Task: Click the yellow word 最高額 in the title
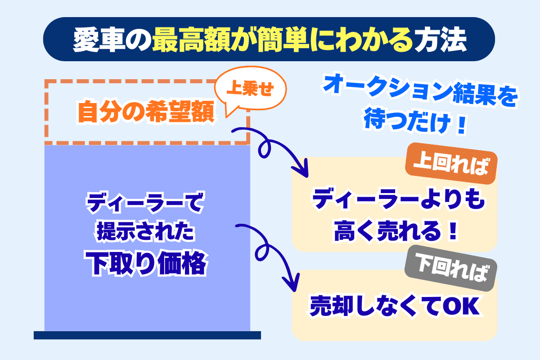click(x=191, y=39)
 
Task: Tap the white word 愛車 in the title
click(x=99, y=39)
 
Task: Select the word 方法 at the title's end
click(x=441, y=39)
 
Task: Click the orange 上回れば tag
click(x=451, y=163)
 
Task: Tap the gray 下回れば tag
click(x=451, y=268)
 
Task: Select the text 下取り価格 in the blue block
click(x=146, y=263)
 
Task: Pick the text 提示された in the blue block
click(x=146, y=231)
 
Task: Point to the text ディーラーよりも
click(x=398, y=199)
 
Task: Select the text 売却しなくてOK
click(x=396, y=306)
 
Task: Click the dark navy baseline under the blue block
click(x=147, y=335)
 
